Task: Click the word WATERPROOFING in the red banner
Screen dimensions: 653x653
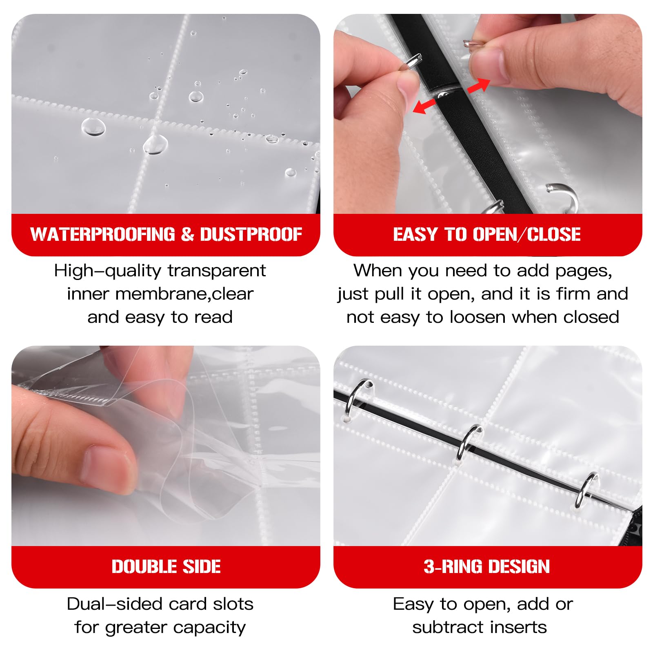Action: (x=102, y=234)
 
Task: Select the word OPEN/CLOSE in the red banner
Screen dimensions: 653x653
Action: (x=526, y=234)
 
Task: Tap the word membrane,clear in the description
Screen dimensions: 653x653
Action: (x=184, y=294)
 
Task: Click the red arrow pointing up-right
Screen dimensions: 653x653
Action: (x=478, y=85)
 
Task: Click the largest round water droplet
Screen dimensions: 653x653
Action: (x=93, y=127)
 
